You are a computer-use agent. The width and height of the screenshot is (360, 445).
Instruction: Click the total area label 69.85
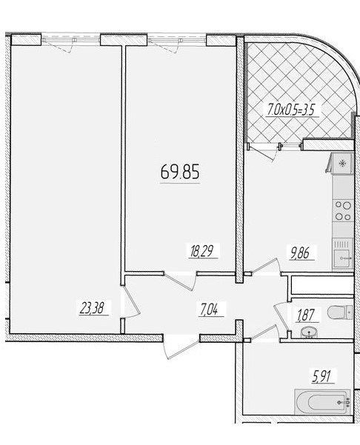(x=180, y=172)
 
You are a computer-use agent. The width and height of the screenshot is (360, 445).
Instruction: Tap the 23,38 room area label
(x=94, y=308)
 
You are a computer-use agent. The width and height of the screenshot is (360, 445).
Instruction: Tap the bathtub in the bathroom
(x=322, y=402)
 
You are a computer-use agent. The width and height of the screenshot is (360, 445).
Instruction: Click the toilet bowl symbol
(x=340, y=312)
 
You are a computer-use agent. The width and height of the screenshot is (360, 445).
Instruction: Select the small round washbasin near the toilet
(x=309, y=332)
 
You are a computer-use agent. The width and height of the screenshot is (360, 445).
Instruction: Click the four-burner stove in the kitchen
(x=343, y=210)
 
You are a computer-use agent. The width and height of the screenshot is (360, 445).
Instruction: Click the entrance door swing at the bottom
(x=181, y=349)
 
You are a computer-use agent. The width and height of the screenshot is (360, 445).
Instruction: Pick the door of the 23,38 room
(x=130, y=302)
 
